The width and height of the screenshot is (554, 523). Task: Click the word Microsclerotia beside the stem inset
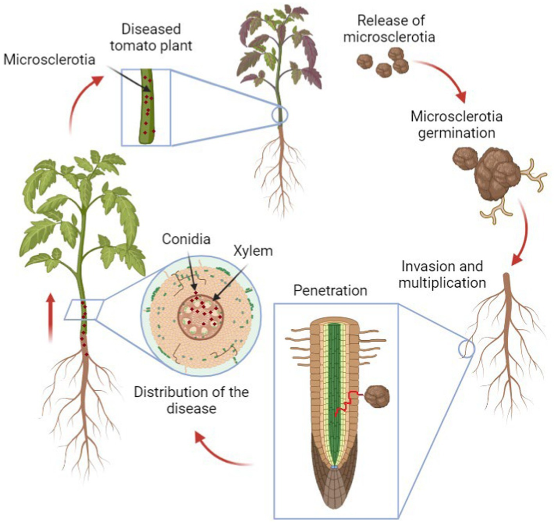(49, 59)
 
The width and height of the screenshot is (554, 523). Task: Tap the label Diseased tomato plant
(151, 37)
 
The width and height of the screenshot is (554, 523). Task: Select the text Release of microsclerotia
(391, 28)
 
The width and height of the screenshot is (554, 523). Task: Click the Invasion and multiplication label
(442, 274)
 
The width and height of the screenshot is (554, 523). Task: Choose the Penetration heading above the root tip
(330, 290)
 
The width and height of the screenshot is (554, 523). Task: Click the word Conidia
(186, 239)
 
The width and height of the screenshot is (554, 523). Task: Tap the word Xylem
(253, 251)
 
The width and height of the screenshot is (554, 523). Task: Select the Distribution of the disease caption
(191, 400)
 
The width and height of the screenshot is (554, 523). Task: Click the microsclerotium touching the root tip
(377, 397)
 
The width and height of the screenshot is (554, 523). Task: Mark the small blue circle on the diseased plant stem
(280, 115)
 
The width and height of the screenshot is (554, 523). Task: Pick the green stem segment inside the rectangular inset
(147, 106)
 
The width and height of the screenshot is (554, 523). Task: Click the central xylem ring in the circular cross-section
(201, 316)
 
